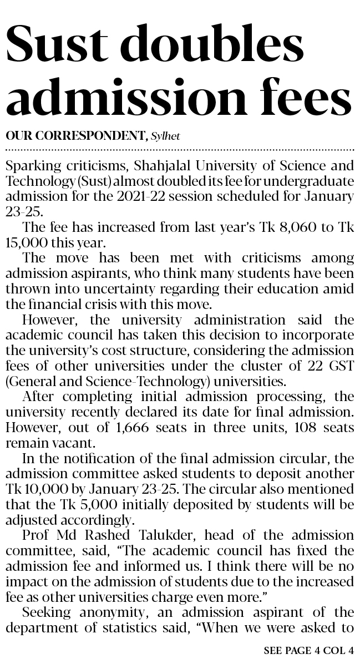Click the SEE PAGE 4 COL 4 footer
click(309, 651)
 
